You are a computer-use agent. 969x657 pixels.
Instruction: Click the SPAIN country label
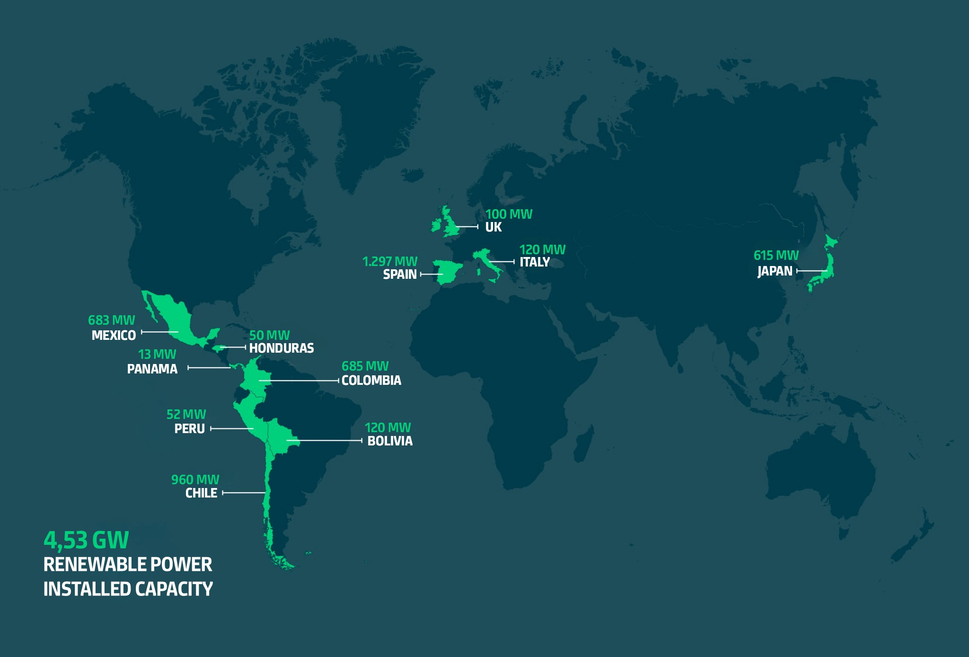click(x=400, y=275)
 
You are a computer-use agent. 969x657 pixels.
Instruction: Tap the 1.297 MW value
click(x=390, y=261)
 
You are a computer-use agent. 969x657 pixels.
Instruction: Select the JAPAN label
click(x=775, y=271)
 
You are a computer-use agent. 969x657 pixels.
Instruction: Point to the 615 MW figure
click(x=776, y=256)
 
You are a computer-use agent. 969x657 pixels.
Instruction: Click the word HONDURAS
click(x=282, y=348)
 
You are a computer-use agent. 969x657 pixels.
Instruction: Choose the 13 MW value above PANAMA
click(x=157, y=355)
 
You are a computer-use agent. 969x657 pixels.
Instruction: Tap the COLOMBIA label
click(x=371, y=381)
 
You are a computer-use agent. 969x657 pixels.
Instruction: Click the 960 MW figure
click(x=195, y=480)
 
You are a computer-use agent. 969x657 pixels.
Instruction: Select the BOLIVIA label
click(x=390, y=441)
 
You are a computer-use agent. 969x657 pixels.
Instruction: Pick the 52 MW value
click(x=186, y=415)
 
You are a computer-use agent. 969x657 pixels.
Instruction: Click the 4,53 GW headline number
click(x=86, y=540)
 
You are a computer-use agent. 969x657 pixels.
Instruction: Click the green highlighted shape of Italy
click(x=488, y=260)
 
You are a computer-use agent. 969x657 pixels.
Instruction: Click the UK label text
click(x=493, y=227)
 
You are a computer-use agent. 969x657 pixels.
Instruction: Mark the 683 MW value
click(x=111, y=320)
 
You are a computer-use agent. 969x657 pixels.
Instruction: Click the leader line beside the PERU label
click(x=232, y=429)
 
